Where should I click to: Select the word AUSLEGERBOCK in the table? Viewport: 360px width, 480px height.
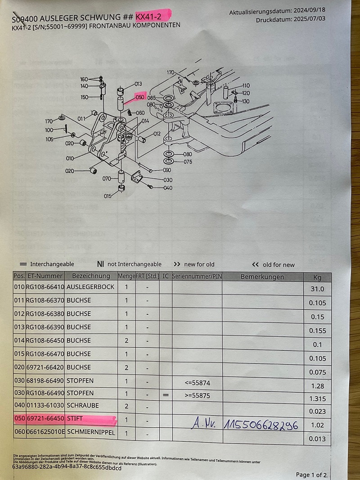[90, 287]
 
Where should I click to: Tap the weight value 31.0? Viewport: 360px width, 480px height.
[317, 289]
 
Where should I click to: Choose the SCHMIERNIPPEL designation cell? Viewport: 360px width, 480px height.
[90, 433]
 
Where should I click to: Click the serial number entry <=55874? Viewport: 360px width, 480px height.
[197, 383]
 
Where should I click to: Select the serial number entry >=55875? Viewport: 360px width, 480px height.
[197, 396]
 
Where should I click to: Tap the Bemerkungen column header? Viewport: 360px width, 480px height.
[262, 276]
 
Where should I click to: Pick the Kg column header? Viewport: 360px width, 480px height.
[318, 277]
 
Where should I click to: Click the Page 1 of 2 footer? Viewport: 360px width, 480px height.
[312, 475]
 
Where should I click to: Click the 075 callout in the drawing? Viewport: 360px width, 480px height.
[188, 162]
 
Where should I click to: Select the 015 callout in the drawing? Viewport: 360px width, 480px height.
[108, 196]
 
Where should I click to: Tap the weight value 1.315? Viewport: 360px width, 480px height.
[317, 398]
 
